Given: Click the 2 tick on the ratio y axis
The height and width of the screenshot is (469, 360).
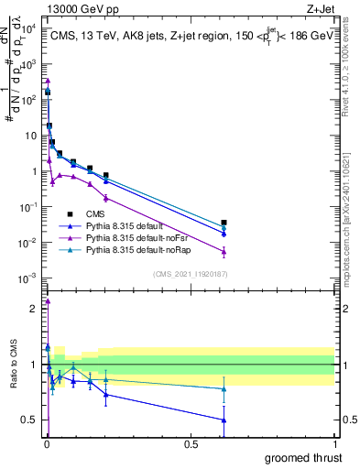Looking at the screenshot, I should pos(33,309).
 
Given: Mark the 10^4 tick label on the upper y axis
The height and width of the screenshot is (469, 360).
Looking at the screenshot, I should pos(28,28).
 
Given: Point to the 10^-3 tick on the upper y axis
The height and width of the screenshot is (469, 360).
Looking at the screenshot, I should pos(28,278).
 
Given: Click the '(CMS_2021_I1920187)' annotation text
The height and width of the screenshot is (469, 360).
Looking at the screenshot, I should pos(189,273).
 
